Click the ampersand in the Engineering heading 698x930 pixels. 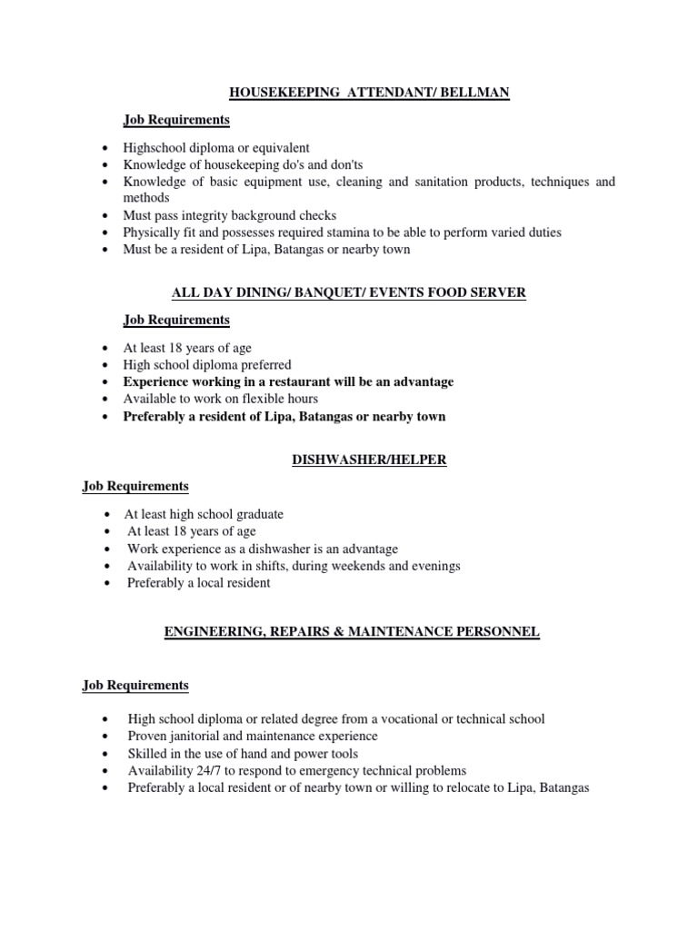(x=329, y=631)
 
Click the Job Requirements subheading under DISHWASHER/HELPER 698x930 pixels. (x=135, y=486)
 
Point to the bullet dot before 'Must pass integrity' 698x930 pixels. (x=107, y=216)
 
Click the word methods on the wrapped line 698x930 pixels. (x=145, y=197)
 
